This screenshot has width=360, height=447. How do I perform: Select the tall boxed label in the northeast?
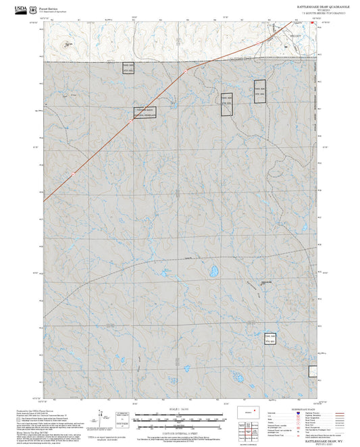(x=260, y=92)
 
